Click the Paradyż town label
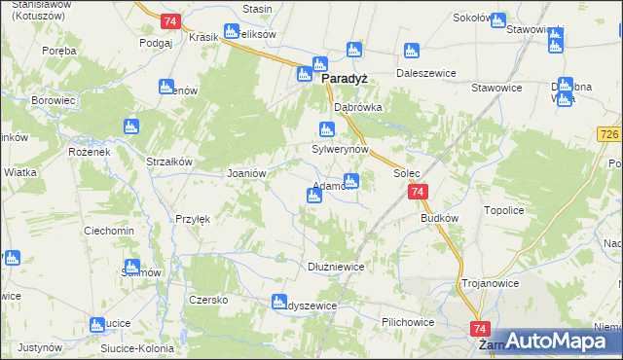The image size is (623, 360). tap(344, 81)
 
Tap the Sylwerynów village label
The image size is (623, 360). tap(340, 150)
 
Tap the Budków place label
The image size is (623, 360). tap(439, 219)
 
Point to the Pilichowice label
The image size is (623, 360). tap(408, 320)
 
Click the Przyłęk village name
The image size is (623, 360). tap(193, 219)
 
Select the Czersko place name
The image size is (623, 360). tap(208, 300)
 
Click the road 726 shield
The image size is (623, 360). tap(610, 132)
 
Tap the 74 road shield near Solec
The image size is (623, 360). tap(418, 193)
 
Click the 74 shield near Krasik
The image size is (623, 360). tap(170, 21)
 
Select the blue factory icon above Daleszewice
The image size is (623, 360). tap(411, 52)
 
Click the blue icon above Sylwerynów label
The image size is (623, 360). tap(328, 129)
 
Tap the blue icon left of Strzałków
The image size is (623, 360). tap(131, 126)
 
